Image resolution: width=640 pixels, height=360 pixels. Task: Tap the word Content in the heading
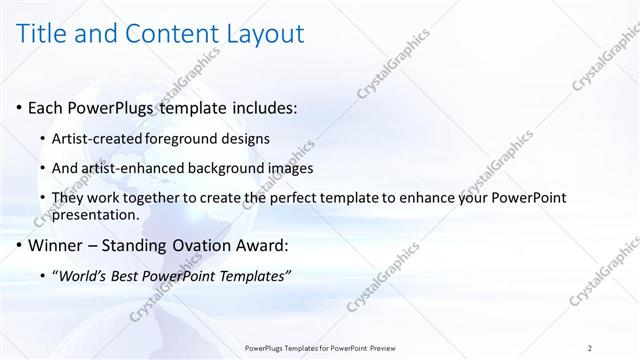point(169,35)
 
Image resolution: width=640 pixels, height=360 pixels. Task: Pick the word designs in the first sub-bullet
point(245,138)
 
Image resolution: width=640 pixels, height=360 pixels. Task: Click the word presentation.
point(100,214)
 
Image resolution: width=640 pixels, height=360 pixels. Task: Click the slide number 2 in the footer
point(591,348)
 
